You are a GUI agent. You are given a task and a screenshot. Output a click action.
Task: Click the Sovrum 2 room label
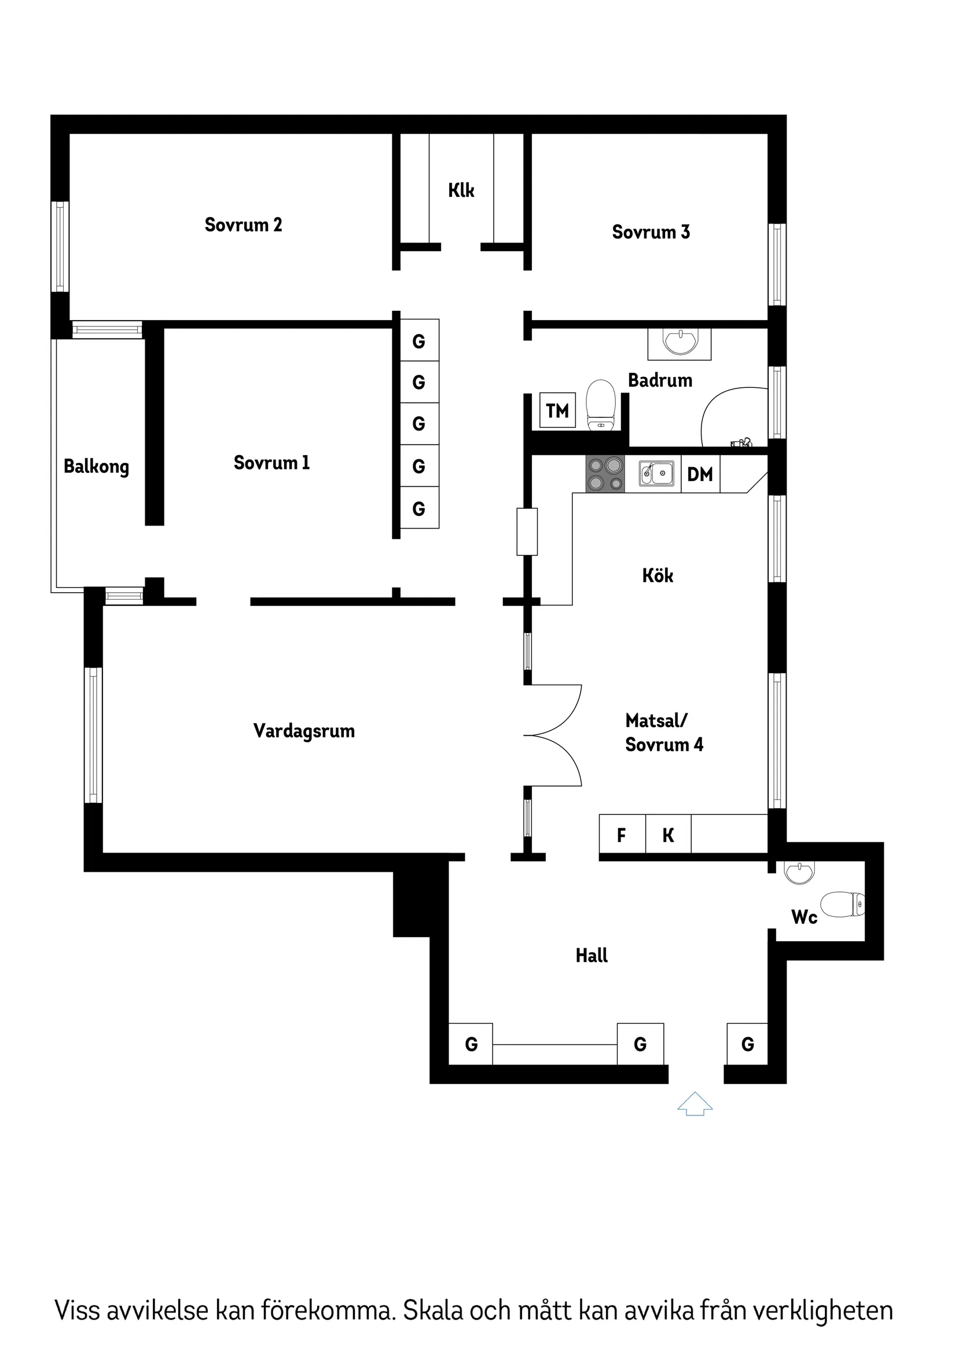[243, 224]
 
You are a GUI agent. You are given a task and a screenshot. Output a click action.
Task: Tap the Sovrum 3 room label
[651, 232]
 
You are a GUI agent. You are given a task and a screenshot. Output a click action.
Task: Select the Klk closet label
[461, 190]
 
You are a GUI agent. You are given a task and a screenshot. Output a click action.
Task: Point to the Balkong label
[96, 467]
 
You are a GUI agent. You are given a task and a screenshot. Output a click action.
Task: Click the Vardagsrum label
[304, 731]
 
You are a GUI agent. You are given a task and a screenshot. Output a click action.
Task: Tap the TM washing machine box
[557, 410]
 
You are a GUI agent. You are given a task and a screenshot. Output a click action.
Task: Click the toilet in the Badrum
[601, 405]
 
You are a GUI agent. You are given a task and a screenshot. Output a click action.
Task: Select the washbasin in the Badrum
[679, 343]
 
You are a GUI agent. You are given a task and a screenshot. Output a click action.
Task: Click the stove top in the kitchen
[605, 474]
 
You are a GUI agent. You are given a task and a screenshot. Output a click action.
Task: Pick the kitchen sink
[657, 473]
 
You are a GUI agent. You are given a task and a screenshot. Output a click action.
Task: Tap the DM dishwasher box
[700, 474]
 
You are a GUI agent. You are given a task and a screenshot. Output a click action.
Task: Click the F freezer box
[622, 835]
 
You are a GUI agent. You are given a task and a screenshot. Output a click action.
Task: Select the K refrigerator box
[668, 835]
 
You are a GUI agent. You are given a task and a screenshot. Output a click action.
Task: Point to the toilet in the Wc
[843, 904]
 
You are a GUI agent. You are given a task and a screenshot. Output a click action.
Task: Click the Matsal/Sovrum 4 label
[664, 733]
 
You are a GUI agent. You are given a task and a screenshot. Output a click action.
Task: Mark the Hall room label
[592, 956]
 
